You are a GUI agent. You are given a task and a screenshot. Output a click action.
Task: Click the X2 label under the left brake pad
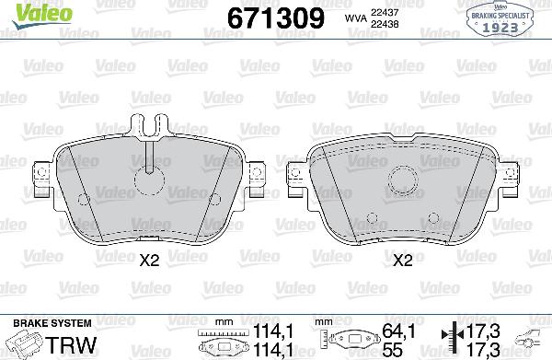pyautogui.click(x=148, y=261)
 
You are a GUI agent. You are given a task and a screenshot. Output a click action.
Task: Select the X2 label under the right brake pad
pyautogui.click(x=401, y=261)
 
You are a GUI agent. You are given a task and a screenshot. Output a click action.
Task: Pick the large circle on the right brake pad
pyautogui.click(x=402, y=179)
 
